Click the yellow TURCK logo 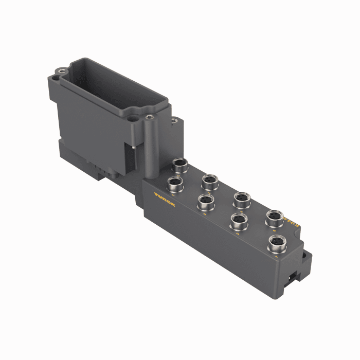coord(164,200)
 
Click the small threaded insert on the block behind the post coord(173,122)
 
